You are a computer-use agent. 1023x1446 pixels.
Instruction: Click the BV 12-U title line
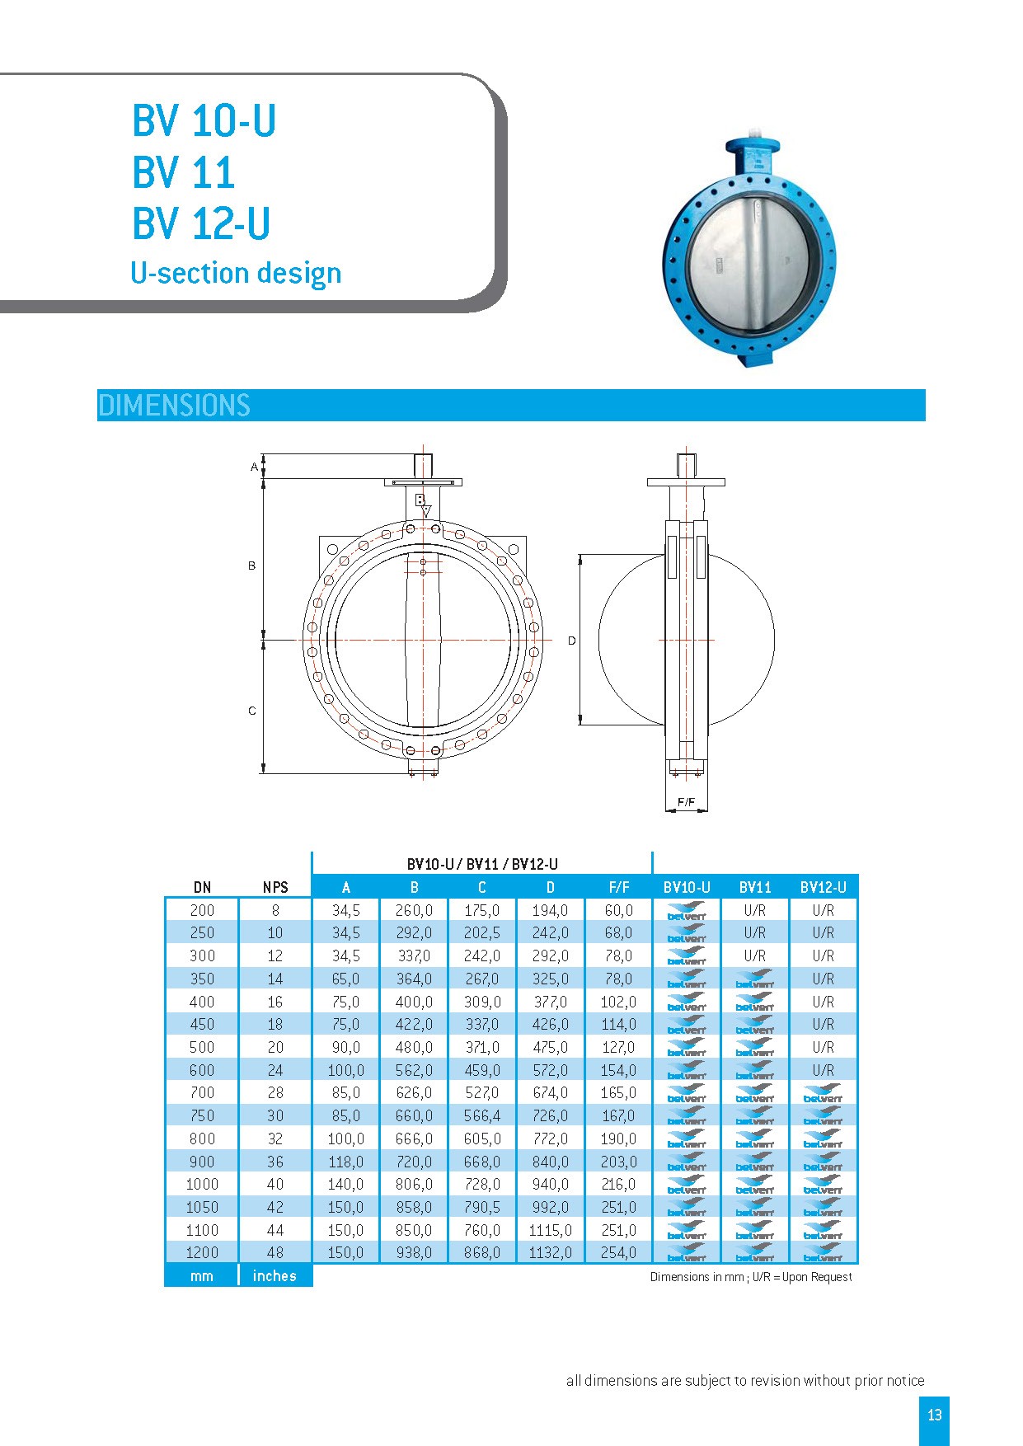pos(201,223)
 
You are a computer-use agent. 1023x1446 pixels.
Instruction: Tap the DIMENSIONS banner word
pos(174,406)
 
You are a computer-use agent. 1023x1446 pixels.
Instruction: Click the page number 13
pos(934,1415)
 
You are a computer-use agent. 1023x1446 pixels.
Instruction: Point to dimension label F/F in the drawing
pos(686,801)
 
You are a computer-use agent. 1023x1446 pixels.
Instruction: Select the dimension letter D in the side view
pos(571,641)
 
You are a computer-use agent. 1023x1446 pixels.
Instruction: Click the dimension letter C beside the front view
pos(252,711)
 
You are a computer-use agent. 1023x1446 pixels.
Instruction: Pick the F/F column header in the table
pos(618,887)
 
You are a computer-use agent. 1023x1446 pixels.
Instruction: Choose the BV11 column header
pos(755,887)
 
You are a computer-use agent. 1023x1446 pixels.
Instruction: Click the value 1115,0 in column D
pos(550,1230)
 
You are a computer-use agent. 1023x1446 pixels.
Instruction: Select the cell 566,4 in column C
pos(481,1115)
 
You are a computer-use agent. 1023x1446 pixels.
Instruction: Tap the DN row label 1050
pos(202,1207)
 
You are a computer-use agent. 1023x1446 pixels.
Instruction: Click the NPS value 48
pos(275,1252)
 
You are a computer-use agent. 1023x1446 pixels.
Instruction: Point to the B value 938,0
pos(414,1252)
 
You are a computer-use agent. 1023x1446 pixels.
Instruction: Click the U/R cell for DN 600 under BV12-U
pos(823,1070)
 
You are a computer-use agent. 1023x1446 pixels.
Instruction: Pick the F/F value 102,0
pos(618,1002)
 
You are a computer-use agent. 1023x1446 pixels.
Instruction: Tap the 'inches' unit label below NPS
pos(275,1275)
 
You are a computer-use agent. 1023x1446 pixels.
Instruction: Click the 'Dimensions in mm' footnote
pos(750,1277)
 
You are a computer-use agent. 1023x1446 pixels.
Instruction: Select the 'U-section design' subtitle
pos(236,273)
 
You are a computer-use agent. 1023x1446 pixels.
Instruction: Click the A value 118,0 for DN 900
pos(345,1162)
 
